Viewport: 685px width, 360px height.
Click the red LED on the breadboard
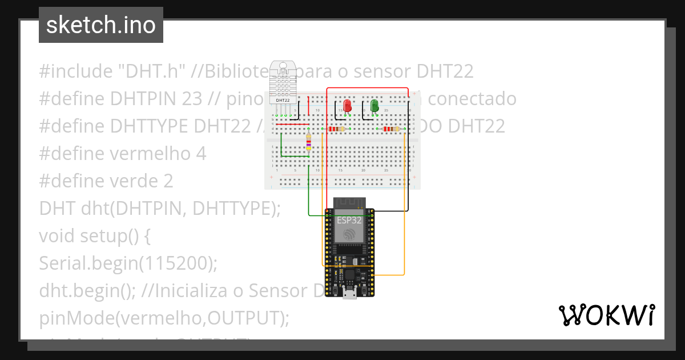coord(346,105)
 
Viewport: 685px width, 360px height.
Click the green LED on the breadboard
coord(374,105)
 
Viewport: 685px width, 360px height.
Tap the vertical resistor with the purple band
coord(309,141)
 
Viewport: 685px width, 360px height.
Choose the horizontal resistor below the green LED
coord(391,129)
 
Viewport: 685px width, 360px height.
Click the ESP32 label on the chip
coord(348,219)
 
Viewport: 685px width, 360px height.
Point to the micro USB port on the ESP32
coord(348,293)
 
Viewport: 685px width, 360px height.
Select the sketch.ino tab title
coord(101,25)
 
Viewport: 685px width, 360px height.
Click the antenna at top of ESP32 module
coord(348,202)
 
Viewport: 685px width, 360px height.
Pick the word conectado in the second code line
coord(472,99)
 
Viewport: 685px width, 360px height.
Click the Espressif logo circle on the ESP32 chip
coord(348,233)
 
